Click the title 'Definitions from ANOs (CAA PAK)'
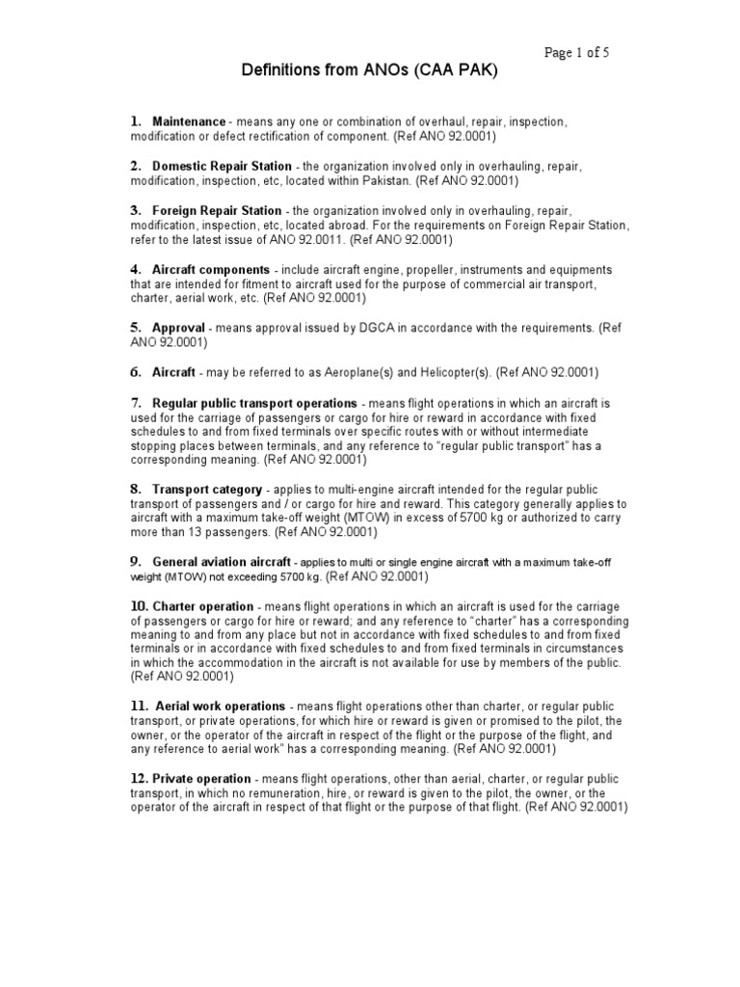pyautogui.click(x=369, y=73)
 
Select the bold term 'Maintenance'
pyautogui.click(x=189, y=122)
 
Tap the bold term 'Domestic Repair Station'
pyautogui.click(x=222, y=166)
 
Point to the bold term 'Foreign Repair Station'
pyautogui.click(x=217, y=210)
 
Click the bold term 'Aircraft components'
pyautogui.click(x=211, y=269)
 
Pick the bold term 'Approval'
pyautogui.click(x=178, y=328)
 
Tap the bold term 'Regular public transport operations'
pyautogui.click(x=254, y=403)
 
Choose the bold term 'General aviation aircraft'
pyautogui.click(x=221, y=562)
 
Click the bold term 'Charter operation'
pyautogui.click(x=201, y=606)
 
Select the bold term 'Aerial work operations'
pyautogui.click(x=220, y=707)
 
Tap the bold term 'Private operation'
pyautogui.click(x=201, y=779)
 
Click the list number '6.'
pyautogui.click(x=136, y=372)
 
